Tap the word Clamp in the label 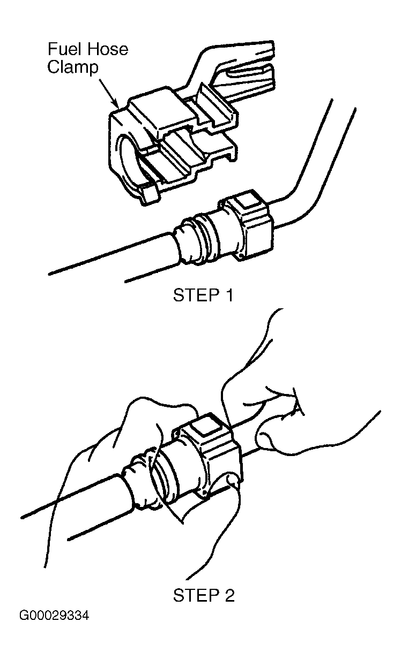(72, 68)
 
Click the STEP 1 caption (203, 295)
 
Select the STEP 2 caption (204, 595)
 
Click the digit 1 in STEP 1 (229, 295)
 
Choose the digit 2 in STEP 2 (229, 595)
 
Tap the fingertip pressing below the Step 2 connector (233, 481)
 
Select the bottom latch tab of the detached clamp (150, 195)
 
